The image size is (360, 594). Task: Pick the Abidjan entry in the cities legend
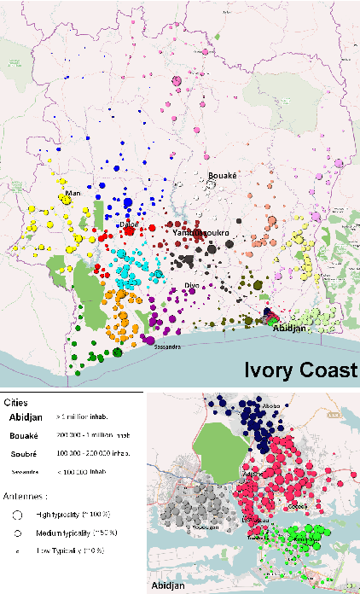[x=26, y=417]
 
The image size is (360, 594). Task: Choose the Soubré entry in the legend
[x=26, y=451]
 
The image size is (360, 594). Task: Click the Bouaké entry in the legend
[x=26, y=434]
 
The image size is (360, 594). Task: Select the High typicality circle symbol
[x=18, y=515]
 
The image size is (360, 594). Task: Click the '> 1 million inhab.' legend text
[x=91, y=417]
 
